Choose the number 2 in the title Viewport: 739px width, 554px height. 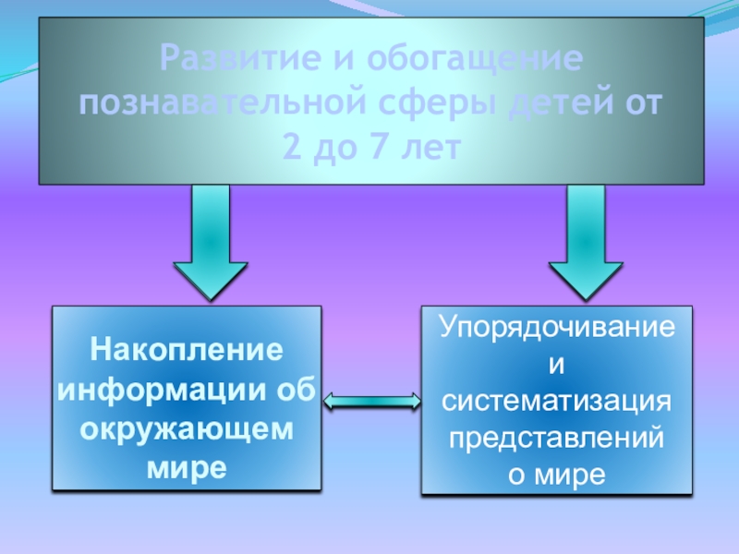[x=292, y=145]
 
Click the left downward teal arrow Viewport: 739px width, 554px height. [x=211, y=242]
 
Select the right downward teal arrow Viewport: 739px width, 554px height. [x=586, y=242]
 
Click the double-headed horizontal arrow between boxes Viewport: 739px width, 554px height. [x=372, y=400]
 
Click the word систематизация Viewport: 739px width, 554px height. [x=556, y=401]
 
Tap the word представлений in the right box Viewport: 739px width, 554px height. [x=556, y=438]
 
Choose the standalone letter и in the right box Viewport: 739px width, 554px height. [x=556, y=364]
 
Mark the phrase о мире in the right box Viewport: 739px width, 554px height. [x=556, y=475]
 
